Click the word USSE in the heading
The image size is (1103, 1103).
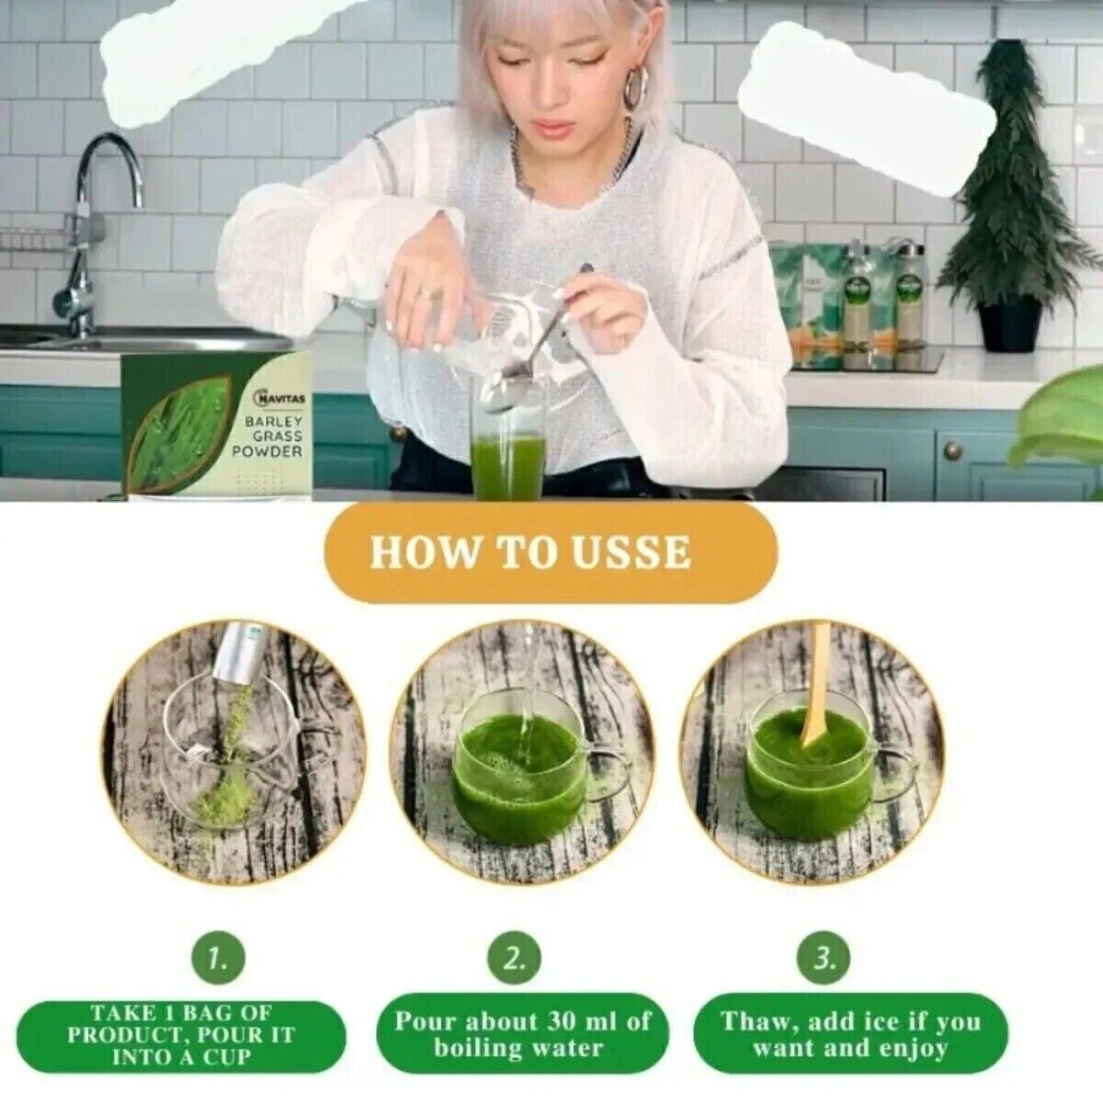(633, 553)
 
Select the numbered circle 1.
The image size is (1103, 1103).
(217, 960)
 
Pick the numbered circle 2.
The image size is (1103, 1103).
(515, 960)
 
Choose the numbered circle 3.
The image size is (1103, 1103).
(824, 960)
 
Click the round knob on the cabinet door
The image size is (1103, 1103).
(953, 449)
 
